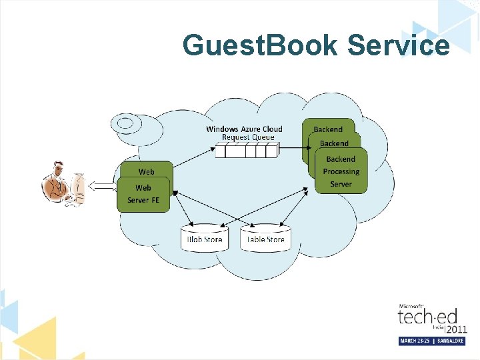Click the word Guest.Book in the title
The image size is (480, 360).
click(x=261, y=46)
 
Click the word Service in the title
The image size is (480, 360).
click(x=399, y=46)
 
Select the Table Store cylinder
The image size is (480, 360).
click(x=265, y=239)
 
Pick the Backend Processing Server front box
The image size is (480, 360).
click(x=341, y=172)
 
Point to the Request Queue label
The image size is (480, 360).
click(x=248, y=137)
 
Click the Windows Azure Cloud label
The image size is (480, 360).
click(x=244, y=129)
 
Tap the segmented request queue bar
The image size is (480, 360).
click(x=247, y=151)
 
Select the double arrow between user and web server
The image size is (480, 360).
click(x=103, y=187)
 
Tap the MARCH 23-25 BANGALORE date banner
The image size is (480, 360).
click(x=431, y=341)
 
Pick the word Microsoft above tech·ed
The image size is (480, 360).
click(x=411, y=306)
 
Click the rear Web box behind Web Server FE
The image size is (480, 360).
click(x=146, y=171)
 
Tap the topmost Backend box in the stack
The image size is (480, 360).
click(x=328, y=128)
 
